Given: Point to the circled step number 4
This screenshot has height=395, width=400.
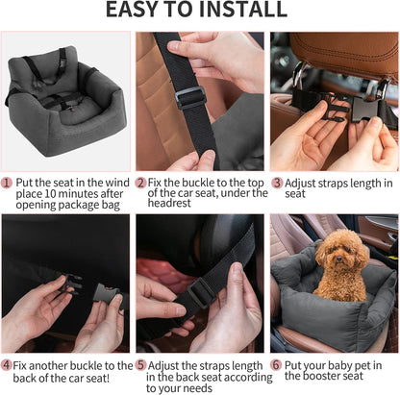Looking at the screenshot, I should click(x=8, y=365).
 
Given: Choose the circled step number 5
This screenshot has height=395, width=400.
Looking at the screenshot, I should click(x=140, y=365).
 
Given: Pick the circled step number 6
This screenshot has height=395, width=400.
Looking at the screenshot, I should click(x=276, y=365).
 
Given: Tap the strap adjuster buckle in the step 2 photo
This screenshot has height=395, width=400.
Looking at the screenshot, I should click(x=189, y=97).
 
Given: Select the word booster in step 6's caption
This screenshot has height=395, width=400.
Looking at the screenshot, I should click(x=342, y=377).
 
